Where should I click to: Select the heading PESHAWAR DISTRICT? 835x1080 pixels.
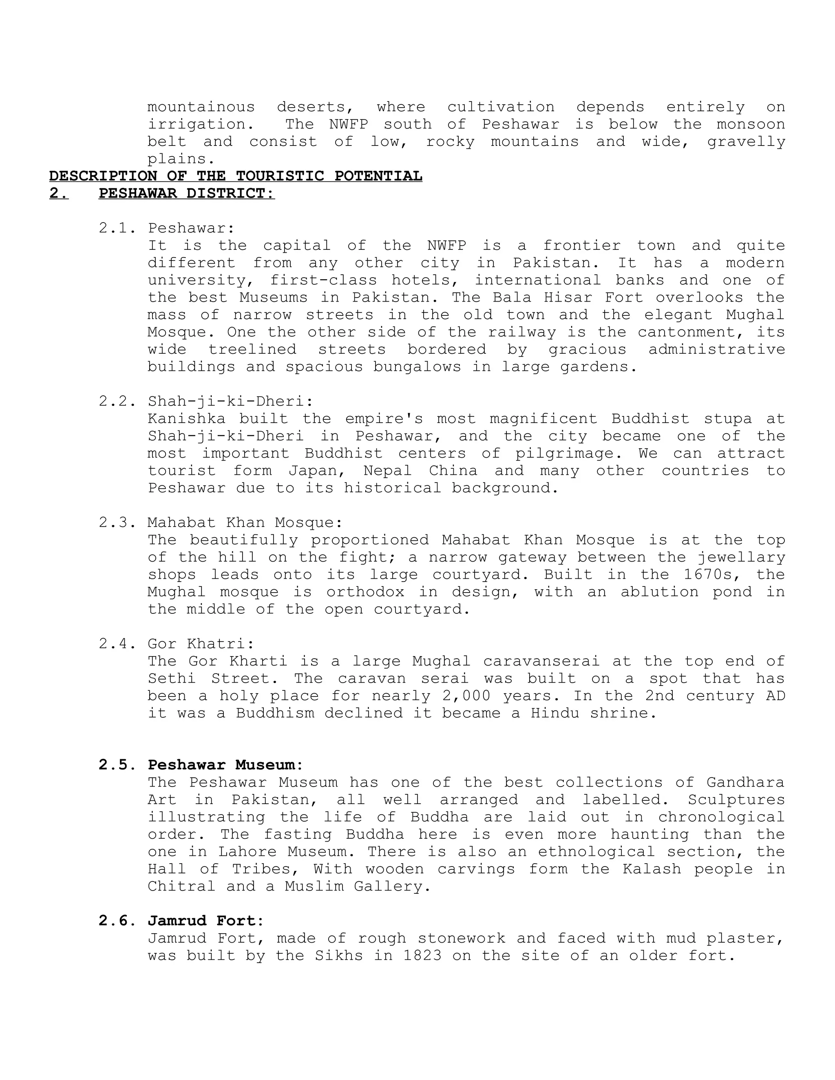tap(186, 193)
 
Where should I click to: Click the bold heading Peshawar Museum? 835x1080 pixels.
tap(225, 765)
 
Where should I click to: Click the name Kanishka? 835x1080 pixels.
tap(186, 419)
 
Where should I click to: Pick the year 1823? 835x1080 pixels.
tap(422, 955)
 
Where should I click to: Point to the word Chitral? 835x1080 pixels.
tap(181, 886)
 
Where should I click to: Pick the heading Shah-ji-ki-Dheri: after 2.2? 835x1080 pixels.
tap(230, 401)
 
